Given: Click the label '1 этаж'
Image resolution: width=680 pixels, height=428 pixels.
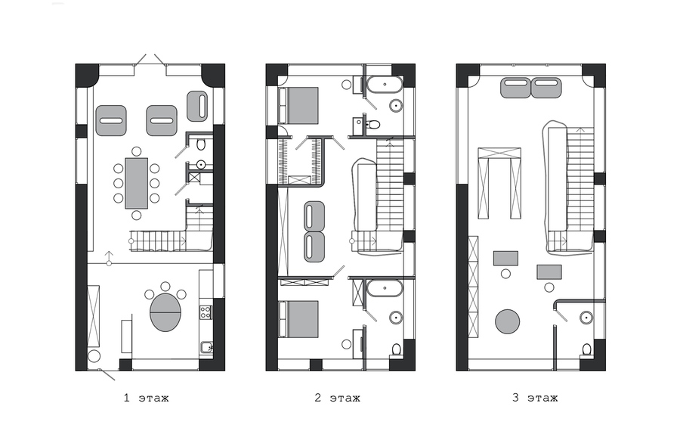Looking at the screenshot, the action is pos(146,398).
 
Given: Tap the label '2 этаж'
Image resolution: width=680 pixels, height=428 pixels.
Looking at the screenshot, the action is pos(337,398).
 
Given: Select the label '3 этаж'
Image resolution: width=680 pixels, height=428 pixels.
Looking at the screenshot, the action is pos(535,398).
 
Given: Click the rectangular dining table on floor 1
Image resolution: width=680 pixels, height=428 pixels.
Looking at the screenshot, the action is pos(136,183).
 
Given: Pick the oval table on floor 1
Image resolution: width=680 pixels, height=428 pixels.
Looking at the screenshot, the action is pos(165,312).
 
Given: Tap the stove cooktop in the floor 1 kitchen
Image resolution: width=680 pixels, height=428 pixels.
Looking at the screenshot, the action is pos(206,312).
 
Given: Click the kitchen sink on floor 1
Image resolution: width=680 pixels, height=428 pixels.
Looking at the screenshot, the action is pos(206,347).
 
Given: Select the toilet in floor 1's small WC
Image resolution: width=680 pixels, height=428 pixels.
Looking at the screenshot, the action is pos(200,144).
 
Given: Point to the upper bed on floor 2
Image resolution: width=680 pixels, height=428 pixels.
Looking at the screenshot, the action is pos(298,106).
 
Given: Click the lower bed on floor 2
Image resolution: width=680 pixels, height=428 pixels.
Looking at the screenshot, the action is pos(298,319).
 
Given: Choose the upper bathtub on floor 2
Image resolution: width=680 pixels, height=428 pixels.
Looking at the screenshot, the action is pos(385,85).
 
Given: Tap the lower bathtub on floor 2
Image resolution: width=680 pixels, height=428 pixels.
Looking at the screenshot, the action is pos(385,288).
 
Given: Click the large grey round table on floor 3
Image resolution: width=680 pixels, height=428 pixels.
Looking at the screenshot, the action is pos(508,321).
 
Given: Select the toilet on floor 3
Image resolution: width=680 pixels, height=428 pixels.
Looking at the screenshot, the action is pos(586,349).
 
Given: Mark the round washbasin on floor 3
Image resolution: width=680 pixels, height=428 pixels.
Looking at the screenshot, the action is pos(586,317).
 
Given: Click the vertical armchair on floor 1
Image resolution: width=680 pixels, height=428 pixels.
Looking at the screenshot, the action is pos(197,106).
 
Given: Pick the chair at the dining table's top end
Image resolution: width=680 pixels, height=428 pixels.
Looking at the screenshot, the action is pos(136,151).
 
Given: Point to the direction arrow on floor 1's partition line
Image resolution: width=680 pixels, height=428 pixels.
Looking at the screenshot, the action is pos(109,258).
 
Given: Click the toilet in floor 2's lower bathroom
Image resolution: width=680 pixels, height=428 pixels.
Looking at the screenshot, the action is pos(396,350).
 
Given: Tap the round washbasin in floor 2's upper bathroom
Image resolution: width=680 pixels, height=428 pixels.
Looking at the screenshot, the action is pos(395,105).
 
